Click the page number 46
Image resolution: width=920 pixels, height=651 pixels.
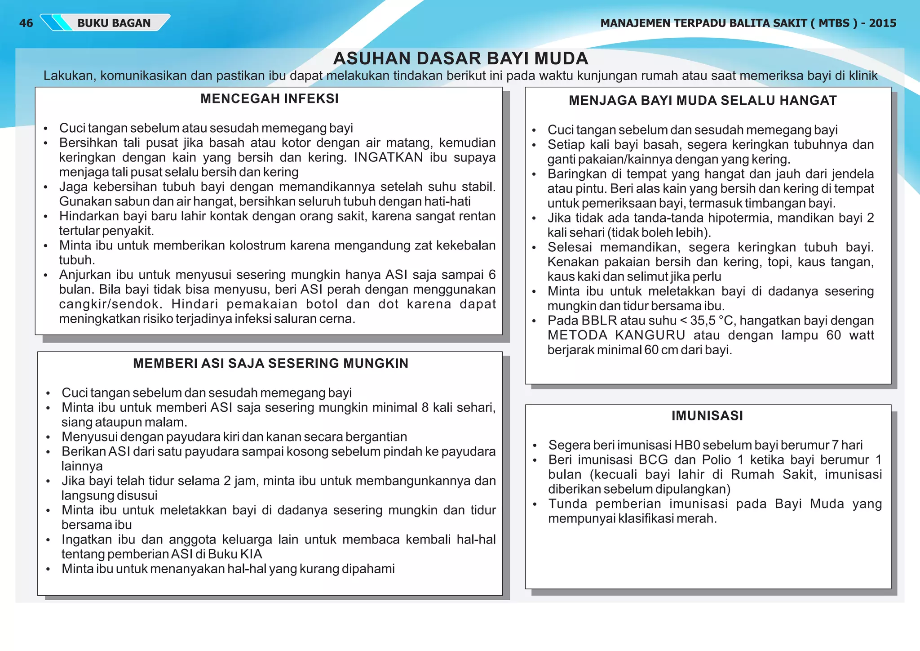[x=26, y=23]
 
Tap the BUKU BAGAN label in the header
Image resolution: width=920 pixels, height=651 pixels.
[x=114, y=23]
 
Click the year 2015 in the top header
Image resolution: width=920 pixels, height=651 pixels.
[x=882, y=23]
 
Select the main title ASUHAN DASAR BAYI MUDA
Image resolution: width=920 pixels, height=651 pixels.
[x=460, y=58]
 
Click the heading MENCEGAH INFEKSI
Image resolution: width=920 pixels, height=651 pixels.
[x=270, y=98]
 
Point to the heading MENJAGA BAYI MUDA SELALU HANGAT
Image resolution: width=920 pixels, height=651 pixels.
[x=703, y=100]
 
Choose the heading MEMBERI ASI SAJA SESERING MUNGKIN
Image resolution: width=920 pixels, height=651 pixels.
[x=270, y=363]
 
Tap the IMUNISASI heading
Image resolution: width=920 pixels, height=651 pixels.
[x=707, y=415]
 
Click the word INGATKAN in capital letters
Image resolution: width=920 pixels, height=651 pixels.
[x=388, y=157]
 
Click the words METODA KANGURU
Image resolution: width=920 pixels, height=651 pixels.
[x=616, y=335]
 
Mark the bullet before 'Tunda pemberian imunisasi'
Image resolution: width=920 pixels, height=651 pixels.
[x=535, y=504]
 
